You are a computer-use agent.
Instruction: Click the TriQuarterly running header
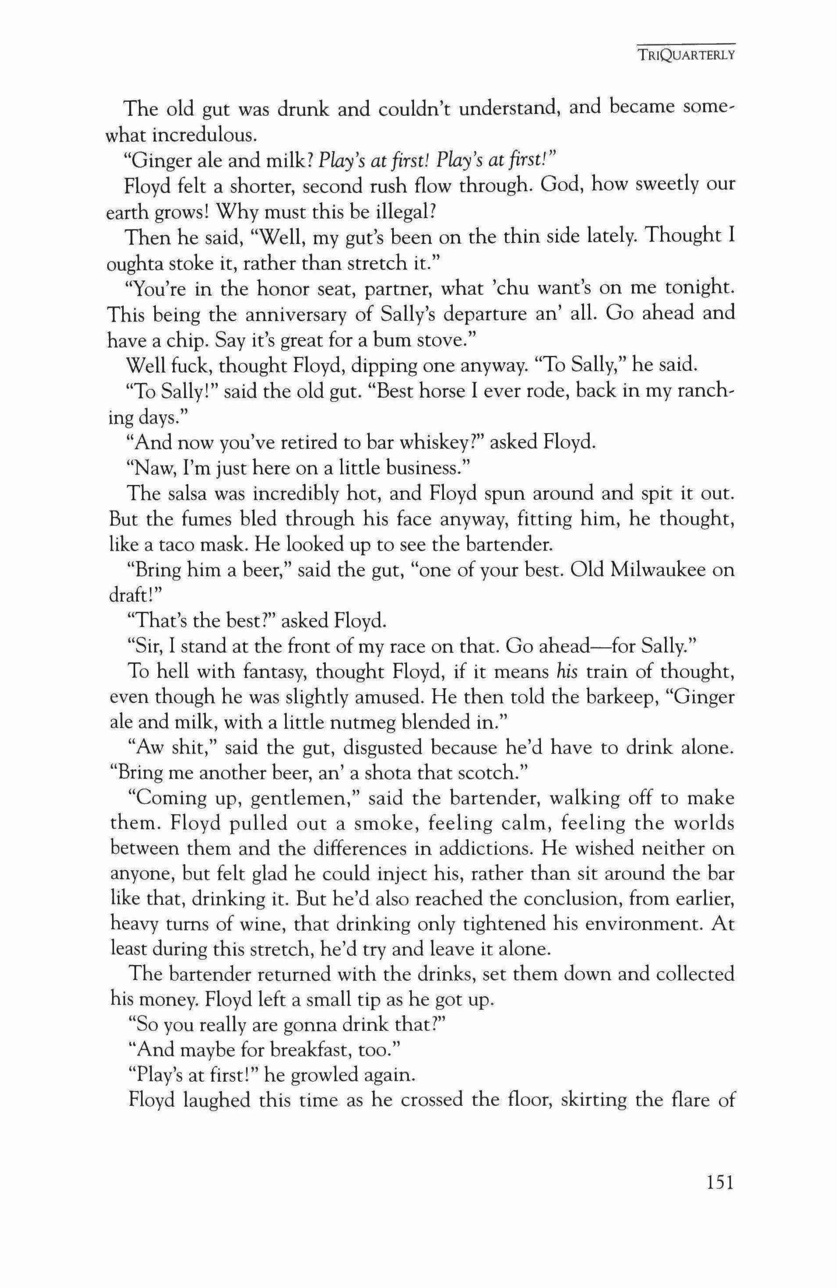tap(685, 55)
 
